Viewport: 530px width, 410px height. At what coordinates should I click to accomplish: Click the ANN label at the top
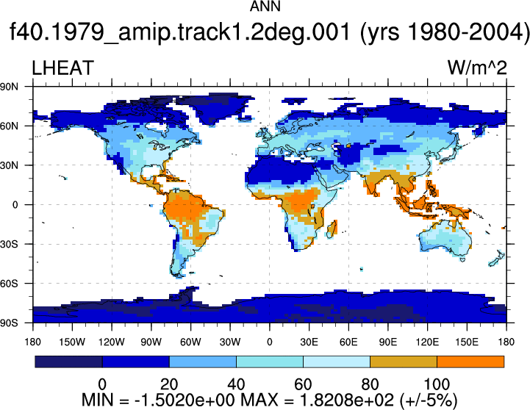coord(265,7)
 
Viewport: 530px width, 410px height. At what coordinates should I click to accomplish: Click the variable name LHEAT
coord(62,68)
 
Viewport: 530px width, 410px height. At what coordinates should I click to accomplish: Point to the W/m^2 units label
coord(477,68)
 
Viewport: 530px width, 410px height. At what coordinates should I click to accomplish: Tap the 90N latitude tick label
coord(9,87)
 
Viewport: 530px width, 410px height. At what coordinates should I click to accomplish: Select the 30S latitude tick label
coord(9,244)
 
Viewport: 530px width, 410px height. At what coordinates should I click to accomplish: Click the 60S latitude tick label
coord(9,284)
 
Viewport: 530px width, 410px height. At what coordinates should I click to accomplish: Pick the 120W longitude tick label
coord(112,342)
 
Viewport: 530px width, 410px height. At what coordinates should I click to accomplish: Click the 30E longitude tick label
coord(309,342)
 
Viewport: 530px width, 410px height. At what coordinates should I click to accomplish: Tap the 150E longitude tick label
coord(467,342)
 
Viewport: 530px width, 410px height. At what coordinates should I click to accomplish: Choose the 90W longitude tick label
coord(151,342)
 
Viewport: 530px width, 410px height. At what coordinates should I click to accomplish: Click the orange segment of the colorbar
coord(470,362)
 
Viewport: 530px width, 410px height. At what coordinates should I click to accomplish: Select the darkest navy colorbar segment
coord(68,362)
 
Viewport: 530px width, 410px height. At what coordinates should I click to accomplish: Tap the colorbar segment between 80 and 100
coord(404,362)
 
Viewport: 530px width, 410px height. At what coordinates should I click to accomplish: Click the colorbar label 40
coord(236,384)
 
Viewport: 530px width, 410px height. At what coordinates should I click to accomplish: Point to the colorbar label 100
coord(437,384)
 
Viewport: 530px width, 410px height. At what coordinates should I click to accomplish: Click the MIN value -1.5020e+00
coord(185,400)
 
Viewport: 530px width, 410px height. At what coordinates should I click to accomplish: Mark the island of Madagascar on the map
coord(332,229)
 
